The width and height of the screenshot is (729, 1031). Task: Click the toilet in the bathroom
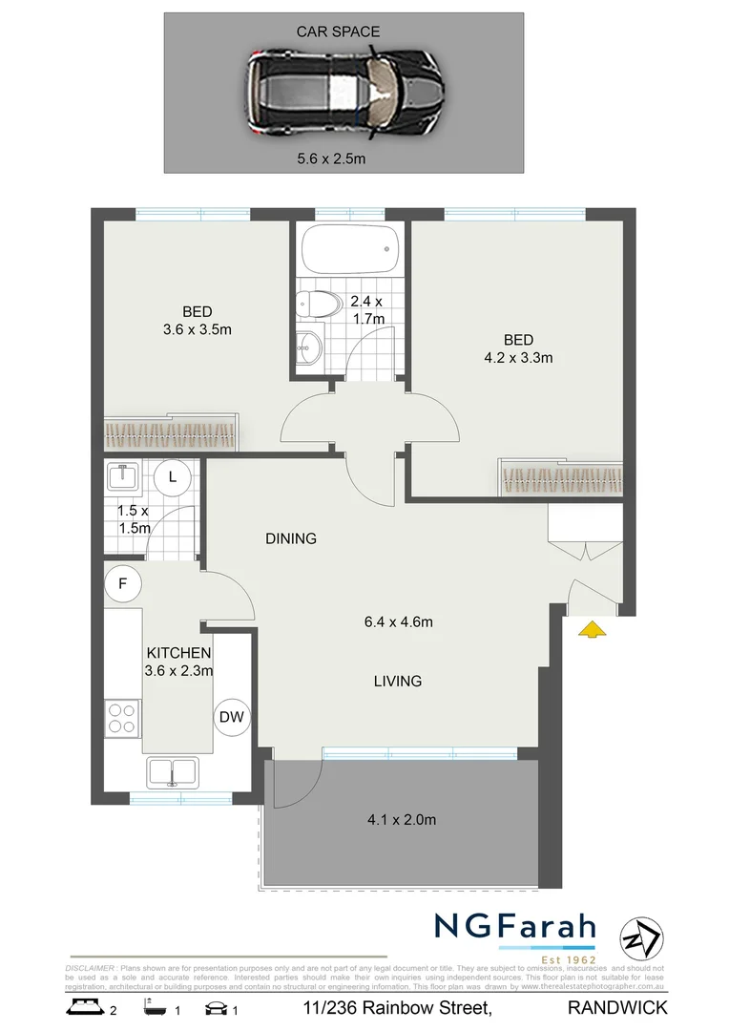pos(319,305)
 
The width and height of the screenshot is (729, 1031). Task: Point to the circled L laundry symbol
pos(173,476)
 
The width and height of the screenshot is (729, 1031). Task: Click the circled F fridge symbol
pos(123,582)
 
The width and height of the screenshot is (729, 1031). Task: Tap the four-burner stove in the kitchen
pos(122,717)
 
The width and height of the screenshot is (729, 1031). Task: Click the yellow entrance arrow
pos(593,628)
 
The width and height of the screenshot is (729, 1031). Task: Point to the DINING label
pos(291,538)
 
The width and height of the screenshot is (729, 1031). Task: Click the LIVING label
pos(398,681)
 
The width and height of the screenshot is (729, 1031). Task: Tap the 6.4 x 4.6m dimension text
pos(398,622)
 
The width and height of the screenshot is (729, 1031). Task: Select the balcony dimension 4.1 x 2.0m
pos(402,819)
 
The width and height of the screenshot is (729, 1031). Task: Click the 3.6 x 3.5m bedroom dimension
pos(198,329)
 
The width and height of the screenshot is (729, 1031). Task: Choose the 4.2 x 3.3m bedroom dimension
pos(519,358)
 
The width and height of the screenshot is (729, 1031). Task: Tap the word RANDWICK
pos(616,1007)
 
